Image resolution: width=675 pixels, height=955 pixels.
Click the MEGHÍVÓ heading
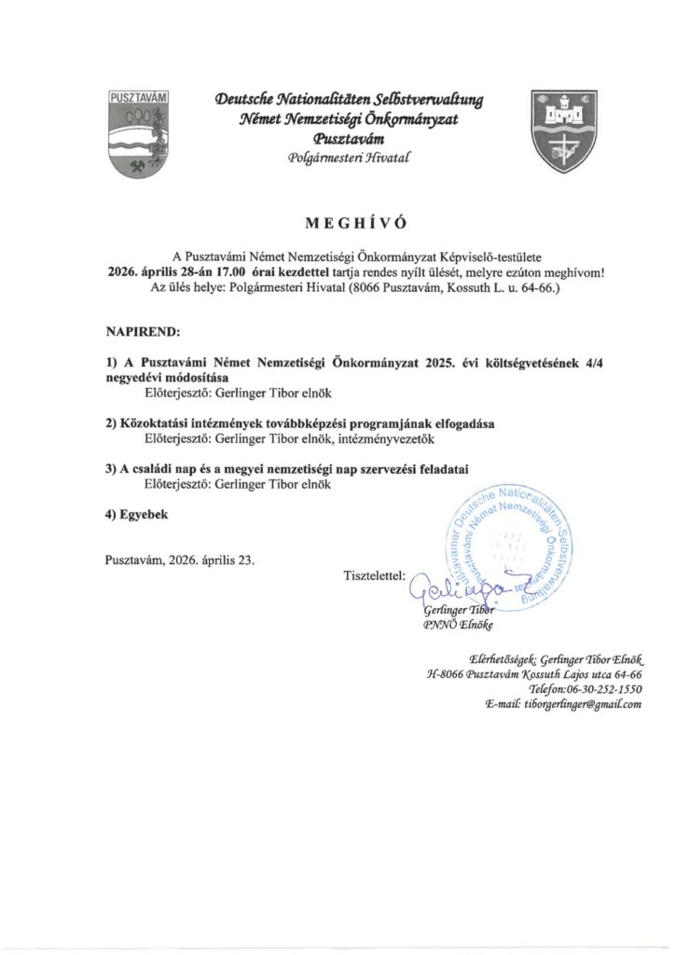(x=337, y=223)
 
